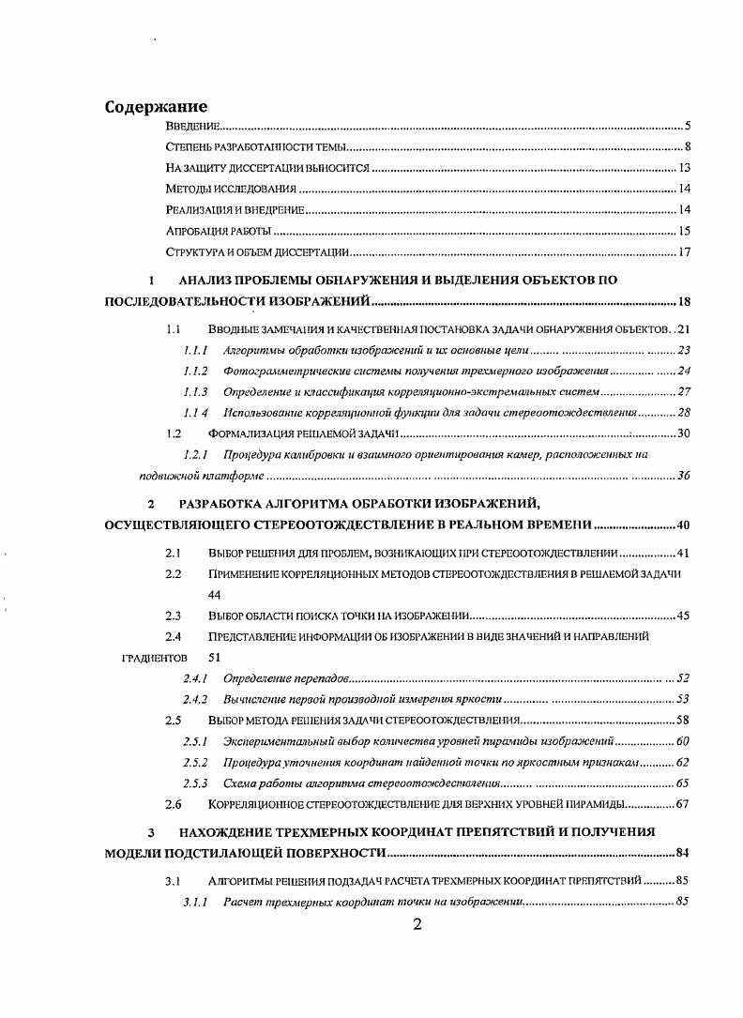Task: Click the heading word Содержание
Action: coord(156,107)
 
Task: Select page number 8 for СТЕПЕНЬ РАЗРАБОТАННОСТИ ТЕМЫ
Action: coord(687,147)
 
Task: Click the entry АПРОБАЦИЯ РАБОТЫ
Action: coord(218,231)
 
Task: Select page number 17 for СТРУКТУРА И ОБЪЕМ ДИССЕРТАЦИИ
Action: coord(684,251)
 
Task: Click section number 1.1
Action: coord(173,330)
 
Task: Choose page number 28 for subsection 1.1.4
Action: coord(683,413)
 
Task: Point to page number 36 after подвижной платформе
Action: coord(683,476)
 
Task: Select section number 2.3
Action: coord(173,616)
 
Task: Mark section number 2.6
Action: coord(173,804)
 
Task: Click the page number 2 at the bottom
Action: coord(417,924)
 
